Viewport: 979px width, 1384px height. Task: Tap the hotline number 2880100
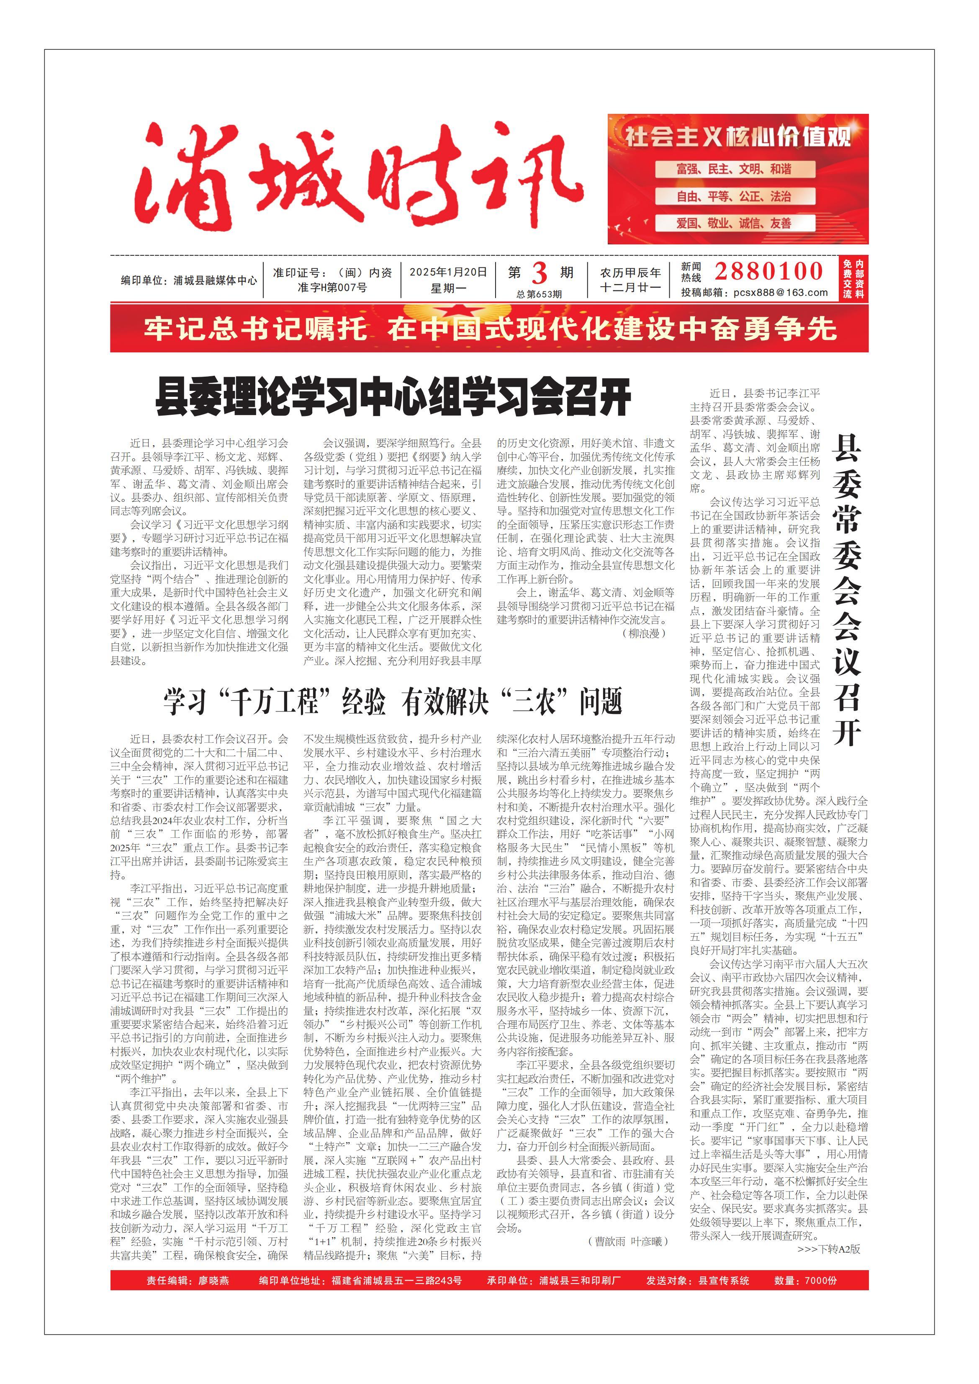click(768, 271)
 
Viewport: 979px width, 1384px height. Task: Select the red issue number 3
click(538, 274)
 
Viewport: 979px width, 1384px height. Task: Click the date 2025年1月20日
click(448, 272)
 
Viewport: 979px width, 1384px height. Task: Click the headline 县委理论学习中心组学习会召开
click(393, 397)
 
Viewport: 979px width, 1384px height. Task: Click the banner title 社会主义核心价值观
click(738, 137)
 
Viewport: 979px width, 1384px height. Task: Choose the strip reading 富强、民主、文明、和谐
click(734, 169)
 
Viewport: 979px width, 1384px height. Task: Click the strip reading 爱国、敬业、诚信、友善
click(734, 223)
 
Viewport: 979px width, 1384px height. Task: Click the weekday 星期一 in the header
click(448, 288)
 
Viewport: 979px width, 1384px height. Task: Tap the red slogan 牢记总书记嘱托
click(256, 329)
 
